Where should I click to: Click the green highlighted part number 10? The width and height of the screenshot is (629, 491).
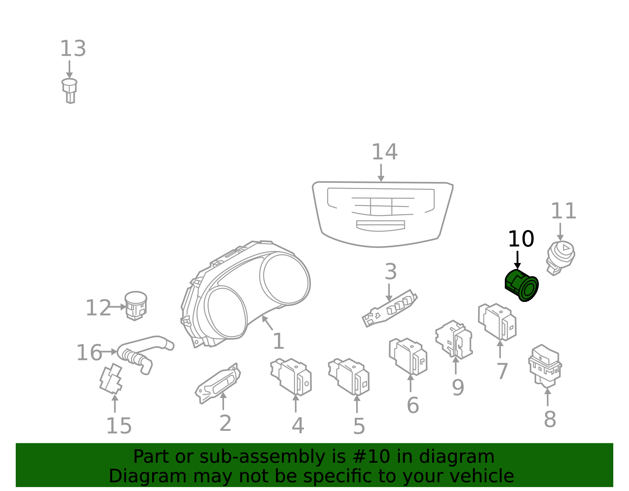(521, 285)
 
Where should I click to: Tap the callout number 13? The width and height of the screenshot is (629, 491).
(73, 49)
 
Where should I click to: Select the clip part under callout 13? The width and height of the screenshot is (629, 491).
(70, 91)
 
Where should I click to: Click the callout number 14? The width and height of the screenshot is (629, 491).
(385, 152)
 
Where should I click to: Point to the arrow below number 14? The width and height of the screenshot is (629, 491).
(381, 173)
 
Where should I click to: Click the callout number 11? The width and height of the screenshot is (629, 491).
(564, 211)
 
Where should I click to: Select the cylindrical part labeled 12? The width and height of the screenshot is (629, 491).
(136, 306)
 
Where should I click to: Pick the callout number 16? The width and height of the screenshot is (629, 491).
(89, 353)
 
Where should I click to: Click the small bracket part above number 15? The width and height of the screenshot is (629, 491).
(111, 379)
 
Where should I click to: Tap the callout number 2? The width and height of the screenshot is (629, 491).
(226, 423)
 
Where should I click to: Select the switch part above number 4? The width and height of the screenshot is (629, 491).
(291, 377)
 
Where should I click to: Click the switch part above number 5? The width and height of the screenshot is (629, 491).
(349, 377)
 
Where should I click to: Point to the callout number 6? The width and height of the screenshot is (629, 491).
(413, 405)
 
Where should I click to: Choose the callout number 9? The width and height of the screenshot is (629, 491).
(458, 388)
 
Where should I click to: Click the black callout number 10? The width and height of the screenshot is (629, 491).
(521, 239)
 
